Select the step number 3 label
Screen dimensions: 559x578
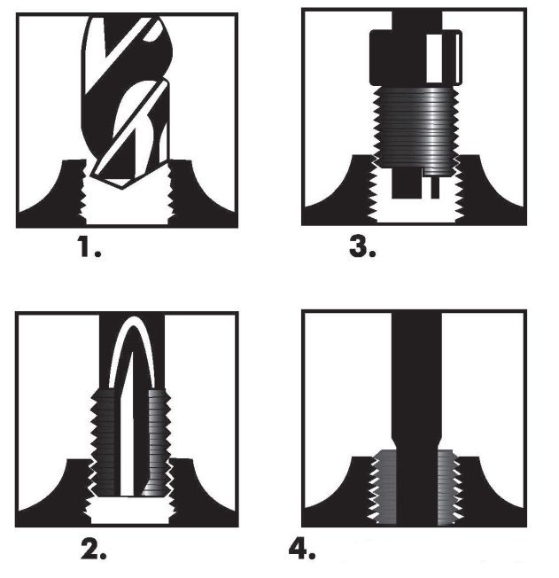(362, 246)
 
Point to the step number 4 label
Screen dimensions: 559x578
(302, 550)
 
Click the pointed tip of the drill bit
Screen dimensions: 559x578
(122, 188)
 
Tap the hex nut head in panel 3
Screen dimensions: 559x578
(415, 58)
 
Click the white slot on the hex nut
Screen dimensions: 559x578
(433, 59)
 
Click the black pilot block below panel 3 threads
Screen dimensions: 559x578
(406, 184)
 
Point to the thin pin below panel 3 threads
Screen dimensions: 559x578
(435, 187)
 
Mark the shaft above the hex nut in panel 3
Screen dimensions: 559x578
(416, 20)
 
